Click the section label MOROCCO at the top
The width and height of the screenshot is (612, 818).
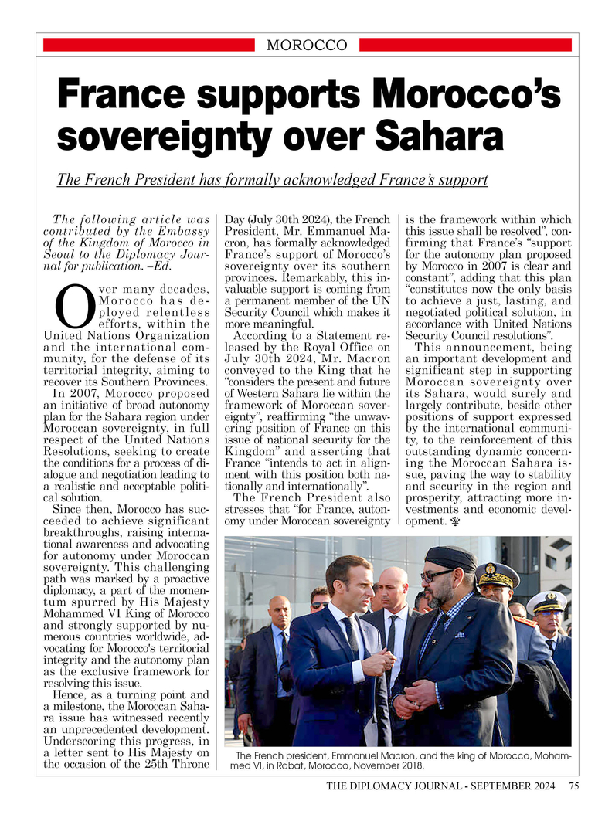tap(306, 46)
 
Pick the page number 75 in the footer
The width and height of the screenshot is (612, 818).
tap(573, 786)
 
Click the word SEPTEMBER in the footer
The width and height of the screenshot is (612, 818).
tap(491, 786)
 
